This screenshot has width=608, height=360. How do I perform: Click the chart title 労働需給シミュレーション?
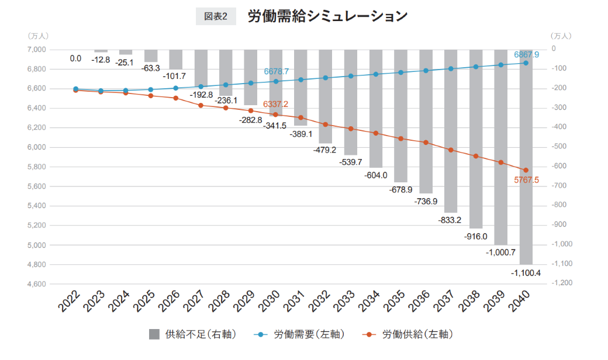pyautogui.click(x=327, y=16)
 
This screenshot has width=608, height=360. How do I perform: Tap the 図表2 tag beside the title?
pyautogui.click(x=215, y=17)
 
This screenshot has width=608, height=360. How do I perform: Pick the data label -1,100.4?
pyautogui.click(x=525, y=272)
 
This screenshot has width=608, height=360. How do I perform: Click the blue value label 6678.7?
pyautogui.click(x=276, y=71)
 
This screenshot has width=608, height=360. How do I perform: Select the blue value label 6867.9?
pyautogui.click(x=526, y=54)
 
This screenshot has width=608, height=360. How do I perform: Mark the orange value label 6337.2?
pyautogui.click(x=275, y=104)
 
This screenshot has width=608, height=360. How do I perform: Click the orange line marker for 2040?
pyautogui.click(x=526, y=170)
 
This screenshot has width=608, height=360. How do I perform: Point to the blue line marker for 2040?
pyautogui.click(x=526, y=63)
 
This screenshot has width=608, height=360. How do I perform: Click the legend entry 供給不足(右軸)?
pyautogui.click(x=192, y=334)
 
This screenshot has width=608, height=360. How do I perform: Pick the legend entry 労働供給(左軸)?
pyautogui.click(x=409, y=334)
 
